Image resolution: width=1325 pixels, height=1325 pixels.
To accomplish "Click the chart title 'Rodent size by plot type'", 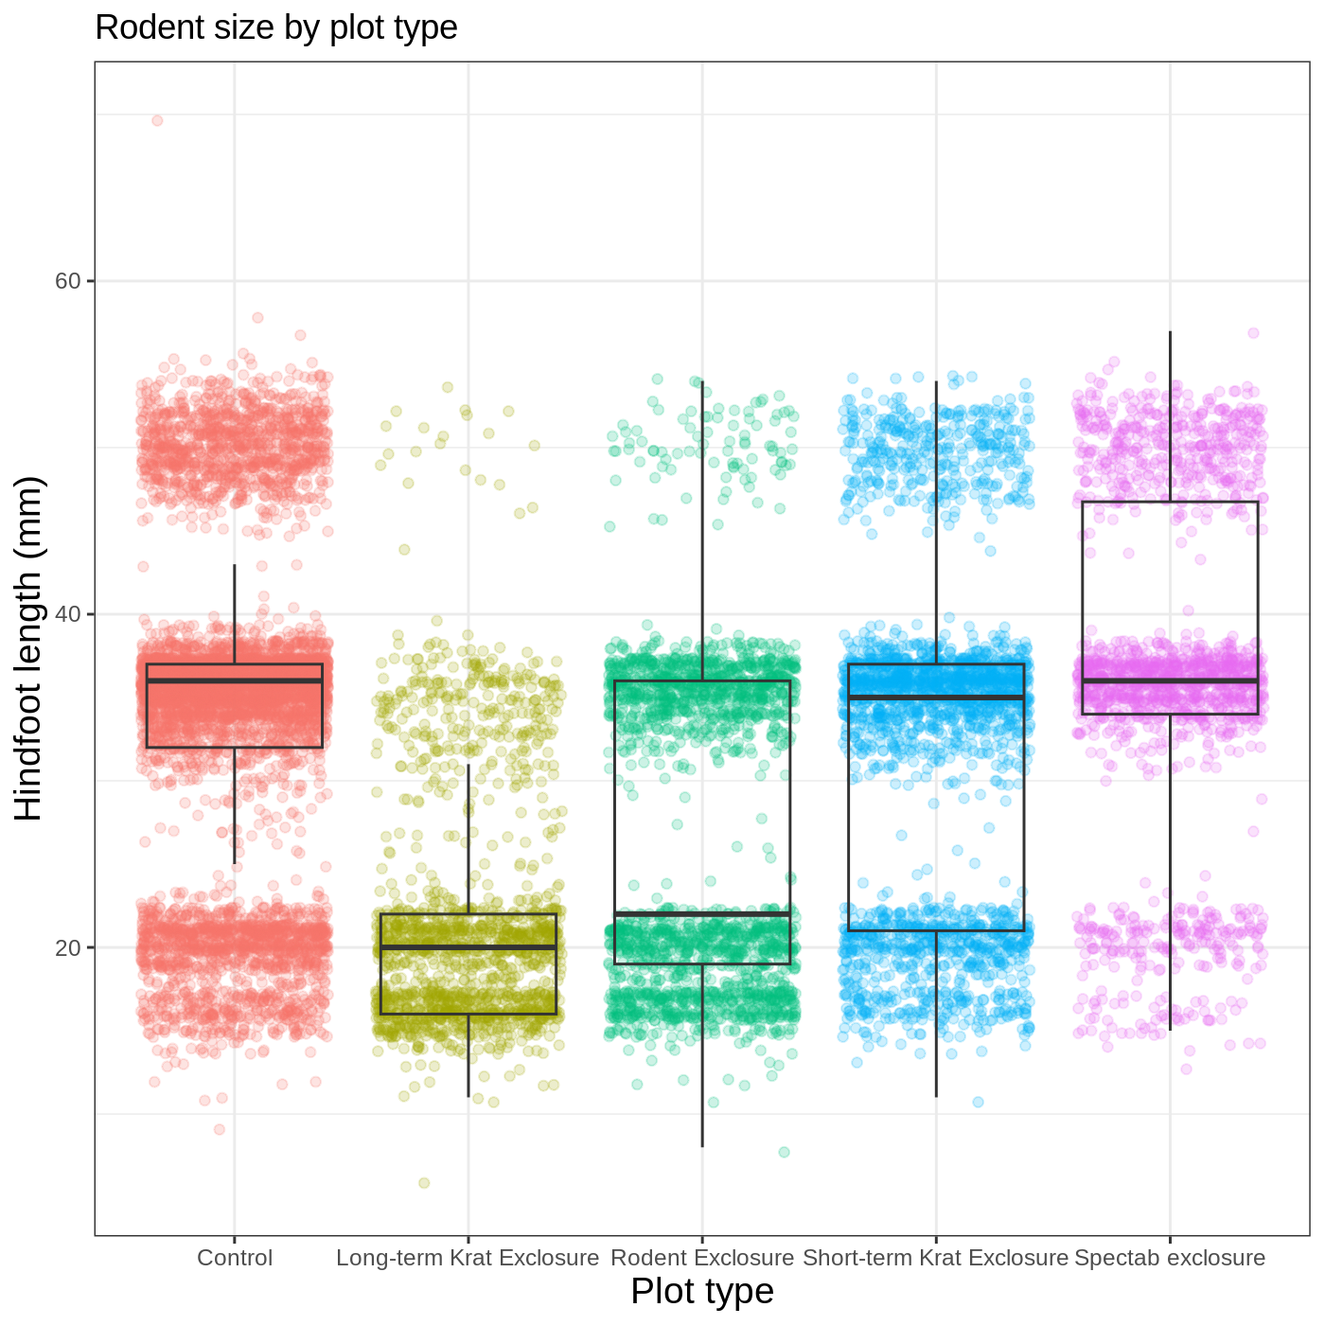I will click(276, 28).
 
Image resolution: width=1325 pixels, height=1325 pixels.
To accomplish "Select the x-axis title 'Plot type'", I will click(702, 1291).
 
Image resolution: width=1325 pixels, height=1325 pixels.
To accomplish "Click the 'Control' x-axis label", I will click(235, 1258).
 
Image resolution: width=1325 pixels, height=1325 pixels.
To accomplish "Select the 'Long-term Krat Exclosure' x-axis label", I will click(468, 1258).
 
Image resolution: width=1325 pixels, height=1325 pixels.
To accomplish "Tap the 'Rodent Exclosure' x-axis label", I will click(702, 1258).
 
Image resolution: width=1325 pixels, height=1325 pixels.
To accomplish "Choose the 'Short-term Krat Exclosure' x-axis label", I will click(935, 1258).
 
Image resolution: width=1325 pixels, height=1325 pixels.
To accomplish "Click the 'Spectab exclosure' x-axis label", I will click(1170, 1258).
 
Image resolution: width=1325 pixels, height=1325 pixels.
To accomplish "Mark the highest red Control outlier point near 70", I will click(157, 120).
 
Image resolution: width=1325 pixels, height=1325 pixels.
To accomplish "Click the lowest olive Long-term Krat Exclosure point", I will click(424, 1183).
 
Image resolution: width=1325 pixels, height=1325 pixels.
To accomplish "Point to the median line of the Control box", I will click(235, 680).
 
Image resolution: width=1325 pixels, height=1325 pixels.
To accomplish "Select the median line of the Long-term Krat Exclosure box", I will click(468, 946).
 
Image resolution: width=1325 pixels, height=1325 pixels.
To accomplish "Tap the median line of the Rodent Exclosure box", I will click(702, 914).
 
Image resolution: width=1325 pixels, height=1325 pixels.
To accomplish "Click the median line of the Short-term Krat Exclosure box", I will click(936, 698).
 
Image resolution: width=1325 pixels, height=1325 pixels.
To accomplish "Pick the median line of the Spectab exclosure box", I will click(1170, 680).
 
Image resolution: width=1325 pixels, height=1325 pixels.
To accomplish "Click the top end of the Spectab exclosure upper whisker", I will click(1170, 332).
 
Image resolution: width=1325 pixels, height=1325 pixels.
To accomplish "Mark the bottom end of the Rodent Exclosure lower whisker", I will click(702, 1146).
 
